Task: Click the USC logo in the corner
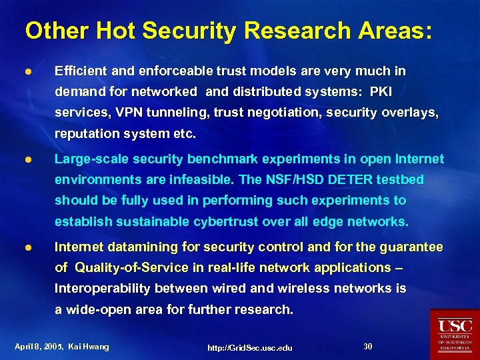click(455, 334)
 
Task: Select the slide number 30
click(367, 346)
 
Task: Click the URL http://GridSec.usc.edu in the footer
click(250, 347)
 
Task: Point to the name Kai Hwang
click(89, 347)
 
